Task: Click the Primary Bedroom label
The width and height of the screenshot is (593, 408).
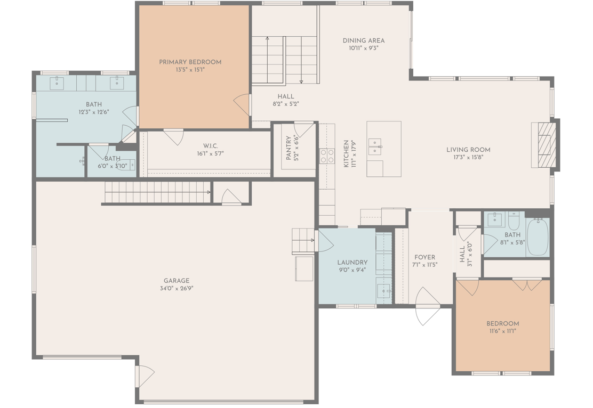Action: [190, 62]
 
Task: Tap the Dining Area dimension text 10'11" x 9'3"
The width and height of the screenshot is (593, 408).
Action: [364, 48]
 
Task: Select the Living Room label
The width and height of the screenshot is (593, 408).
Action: [468, 150]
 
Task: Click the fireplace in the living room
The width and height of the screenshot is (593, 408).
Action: [544, 145]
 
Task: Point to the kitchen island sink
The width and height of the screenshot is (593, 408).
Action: [375, 146]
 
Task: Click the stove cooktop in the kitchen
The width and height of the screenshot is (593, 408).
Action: [327, 156]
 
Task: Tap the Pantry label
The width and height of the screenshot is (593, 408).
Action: [289, 148]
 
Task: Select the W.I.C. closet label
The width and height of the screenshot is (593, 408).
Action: [210, 146]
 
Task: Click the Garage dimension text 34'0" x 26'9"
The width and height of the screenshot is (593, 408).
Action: [177, 288]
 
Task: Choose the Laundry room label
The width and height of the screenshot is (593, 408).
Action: [352, 262]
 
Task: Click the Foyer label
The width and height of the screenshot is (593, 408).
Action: [424, 257]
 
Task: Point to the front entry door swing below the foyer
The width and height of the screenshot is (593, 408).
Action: [427, 306]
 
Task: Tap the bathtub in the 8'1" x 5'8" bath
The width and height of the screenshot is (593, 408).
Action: [538, 236]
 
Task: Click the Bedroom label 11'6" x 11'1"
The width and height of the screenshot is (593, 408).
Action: [503, 323]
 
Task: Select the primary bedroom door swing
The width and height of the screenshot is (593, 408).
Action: [242, 103]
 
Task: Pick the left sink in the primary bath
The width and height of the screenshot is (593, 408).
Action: [57, 83]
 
